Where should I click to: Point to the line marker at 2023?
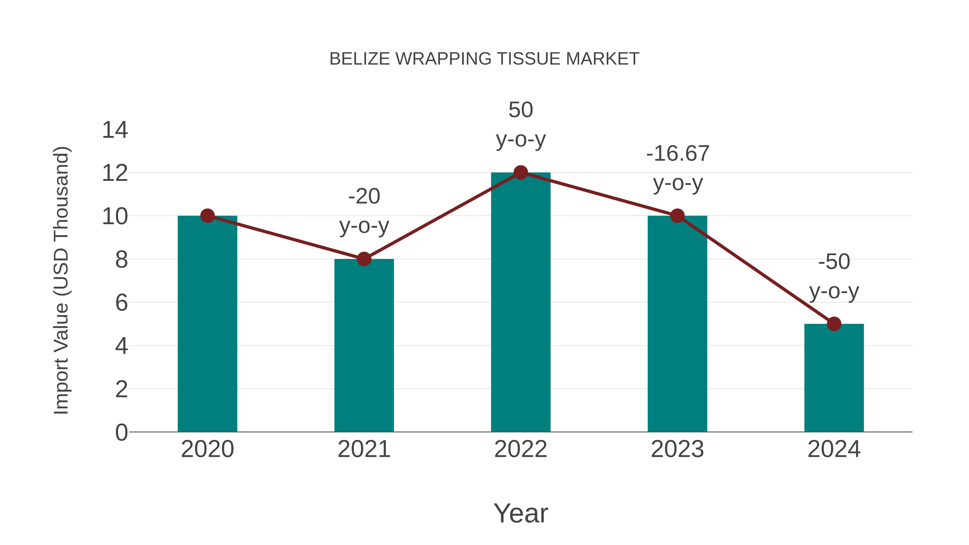coord(677,216)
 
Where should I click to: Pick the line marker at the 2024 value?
coord(834,324)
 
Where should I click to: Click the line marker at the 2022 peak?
coord(521,173)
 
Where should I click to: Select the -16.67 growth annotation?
coord(678,154)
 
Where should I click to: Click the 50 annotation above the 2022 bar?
coord(521,110)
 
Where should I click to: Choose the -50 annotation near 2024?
coord(834,262)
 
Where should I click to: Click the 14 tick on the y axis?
coord(115,130)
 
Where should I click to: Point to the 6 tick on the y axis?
coord(121,303)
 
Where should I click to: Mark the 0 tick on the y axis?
coord(121,432)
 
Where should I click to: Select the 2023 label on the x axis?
coord(677,449)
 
